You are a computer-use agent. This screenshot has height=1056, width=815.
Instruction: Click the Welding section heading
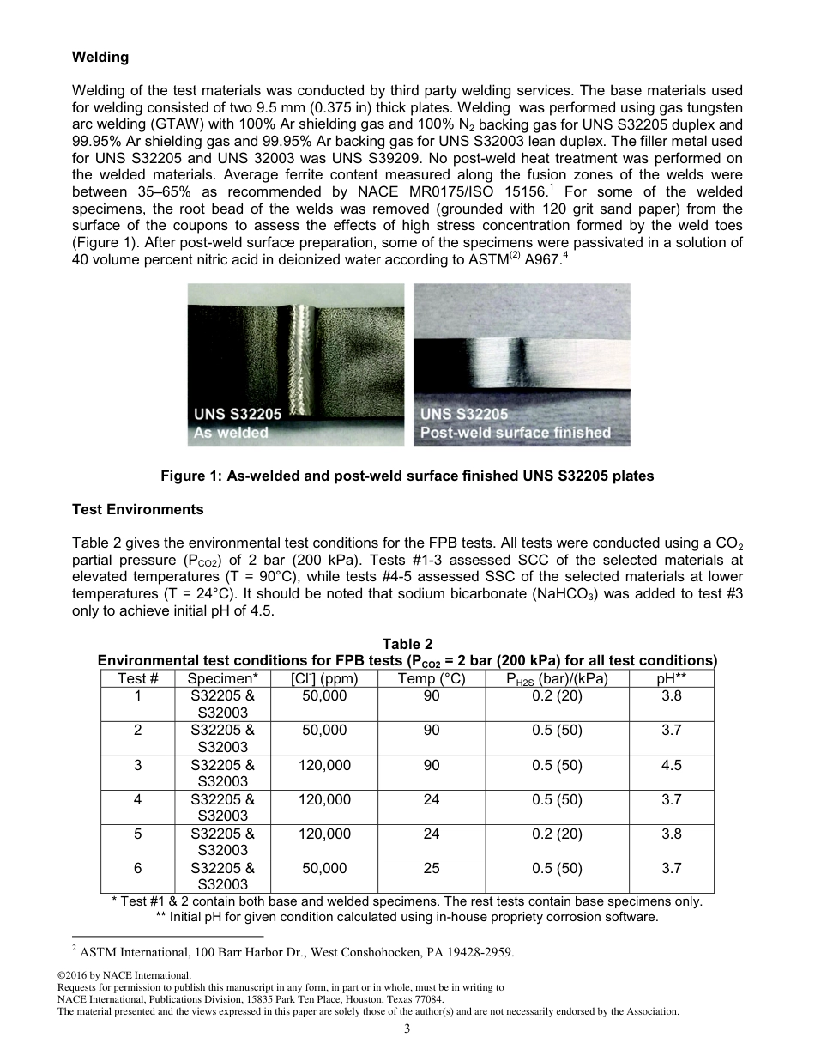pos(100,58)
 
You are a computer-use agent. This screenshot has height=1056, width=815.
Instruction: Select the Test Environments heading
pos(137,510)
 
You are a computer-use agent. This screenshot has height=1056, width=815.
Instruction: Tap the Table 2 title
pos(407,645)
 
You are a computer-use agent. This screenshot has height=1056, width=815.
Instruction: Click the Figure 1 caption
pos(407,476)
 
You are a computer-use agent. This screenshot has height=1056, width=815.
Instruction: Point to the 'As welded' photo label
pos(232,433)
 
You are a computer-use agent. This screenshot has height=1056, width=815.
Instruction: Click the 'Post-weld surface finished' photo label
pos(515,433)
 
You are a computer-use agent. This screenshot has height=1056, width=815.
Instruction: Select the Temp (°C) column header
pos(432,678)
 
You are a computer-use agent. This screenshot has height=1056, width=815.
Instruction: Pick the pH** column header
pos(671,678)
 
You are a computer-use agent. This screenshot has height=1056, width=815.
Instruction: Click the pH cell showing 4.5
pos(671,765)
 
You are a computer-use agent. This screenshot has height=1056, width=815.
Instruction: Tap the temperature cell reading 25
pos(432,868)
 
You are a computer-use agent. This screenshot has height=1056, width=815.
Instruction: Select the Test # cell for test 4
pos(137,799)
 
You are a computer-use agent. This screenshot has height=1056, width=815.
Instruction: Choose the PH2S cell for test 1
pos(557,696)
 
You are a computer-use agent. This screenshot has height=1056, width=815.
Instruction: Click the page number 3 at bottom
pos(407,1030)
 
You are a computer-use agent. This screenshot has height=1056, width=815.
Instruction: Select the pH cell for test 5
pos(671,834)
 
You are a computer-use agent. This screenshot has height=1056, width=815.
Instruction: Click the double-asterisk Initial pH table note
pos(407,917)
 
